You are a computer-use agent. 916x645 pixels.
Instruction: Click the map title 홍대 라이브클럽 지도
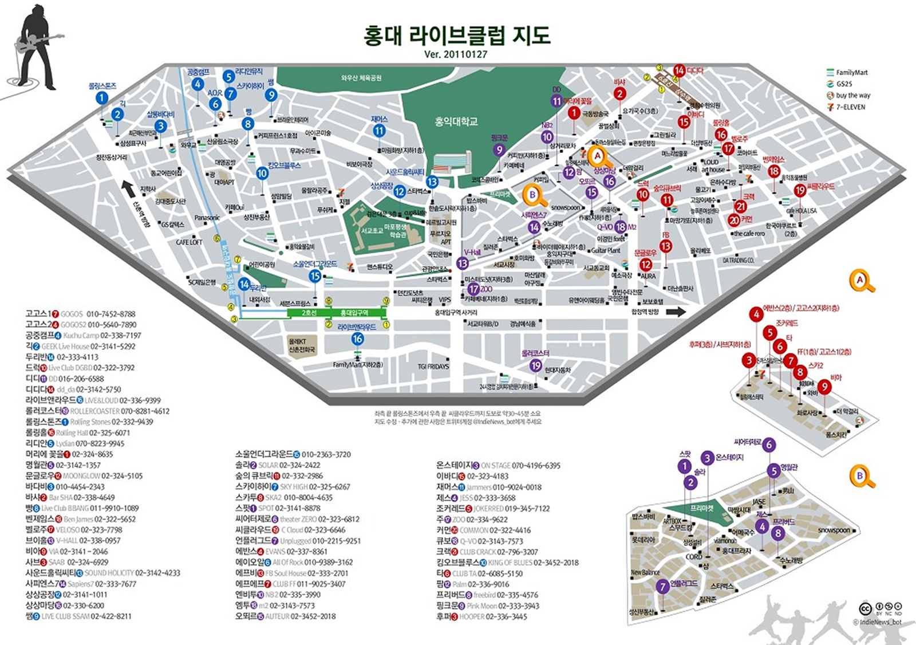tap(456, 36)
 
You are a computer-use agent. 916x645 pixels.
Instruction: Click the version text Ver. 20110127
tap(456, 55)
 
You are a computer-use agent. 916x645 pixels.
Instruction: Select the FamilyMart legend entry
tap(851, 73)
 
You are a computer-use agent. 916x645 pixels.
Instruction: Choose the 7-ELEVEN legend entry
tap(850, 107)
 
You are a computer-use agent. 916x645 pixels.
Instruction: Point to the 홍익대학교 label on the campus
tap(456, 122)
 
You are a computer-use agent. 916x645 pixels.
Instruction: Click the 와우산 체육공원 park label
tap(361, 78)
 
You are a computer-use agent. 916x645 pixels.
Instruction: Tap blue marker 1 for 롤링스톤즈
tap(102, 98)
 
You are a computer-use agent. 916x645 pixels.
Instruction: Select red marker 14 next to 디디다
tap(680, 70)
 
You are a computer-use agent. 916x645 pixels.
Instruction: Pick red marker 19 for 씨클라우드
tap(800, 190)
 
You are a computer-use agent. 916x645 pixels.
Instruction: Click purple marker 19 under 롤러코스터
tap(535, 365)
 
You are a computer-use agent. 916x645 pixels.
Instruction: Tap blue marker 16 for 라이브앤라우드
tap(357, 339)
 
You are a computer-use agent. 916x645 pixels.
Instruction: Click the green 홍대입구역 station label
tap(354, 313)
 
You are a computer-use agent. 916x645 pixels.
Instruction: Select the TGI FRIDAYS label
tap(433, 367)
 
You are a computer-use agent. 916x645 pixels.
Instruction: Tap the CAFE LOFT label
tap(189, 242)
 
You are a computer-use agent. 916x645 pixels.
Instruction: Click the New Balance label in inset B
tap(645, 572)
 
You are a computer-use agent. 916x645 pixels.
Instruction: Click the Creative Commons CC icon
tap(866, 608)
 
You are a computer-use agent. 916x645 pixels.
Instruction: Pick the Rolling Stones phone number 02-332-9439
tap(132, 422)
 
